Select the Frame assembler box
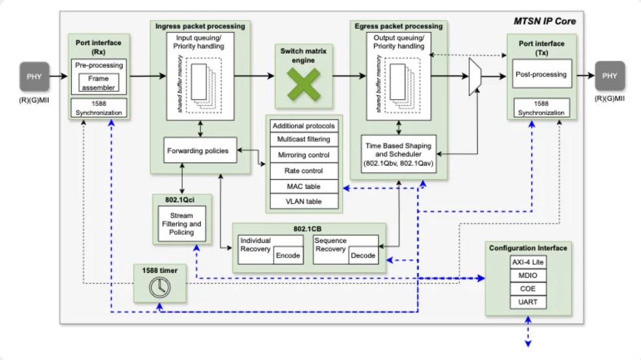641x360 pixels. [98, 83]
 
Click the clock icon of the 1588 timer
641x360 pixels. [160, 287]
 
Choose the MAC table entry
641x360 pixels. [303, 186]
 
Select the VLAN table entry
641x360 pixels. [303, 202]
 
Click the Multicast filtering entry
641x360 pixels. [303, 140]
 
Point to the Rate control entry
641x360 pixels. [303, 171]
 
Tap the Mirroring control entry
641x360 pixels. [303, 156]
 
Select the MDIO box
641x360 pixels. [527, 275]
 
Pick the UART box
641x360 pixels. [527, 303]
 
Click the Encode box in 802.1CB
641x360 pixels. [288, 256]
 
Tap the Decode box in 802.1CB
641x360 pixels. [363, 256]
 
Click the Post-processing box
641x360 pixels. [540, 75]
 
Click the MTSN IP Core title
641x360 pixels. [544, 21]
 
